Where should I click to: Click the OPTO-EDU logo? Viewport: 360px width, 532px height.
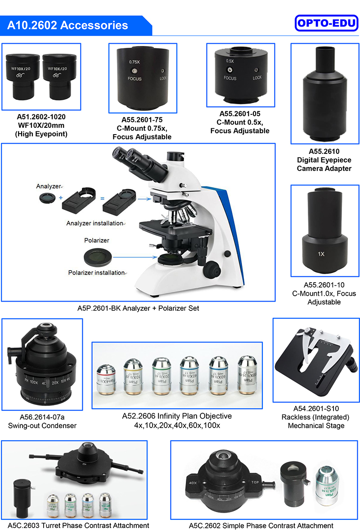pyautogui.click(x=326, y=23)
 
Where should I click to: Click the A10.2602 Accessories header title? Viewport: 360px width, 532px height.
pyautogui.click(x=67, y=25)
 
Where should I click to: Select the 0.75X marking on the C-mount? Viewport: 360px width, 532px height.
pyautogui.click(x=134, y=62)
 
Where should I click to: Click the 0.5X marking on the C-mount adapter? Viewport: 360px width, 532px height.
pyautogui.click(x=230, y=61)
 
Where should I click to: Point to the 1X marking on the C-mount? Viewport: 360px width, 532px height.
pyautogui.click(x=321, y=254)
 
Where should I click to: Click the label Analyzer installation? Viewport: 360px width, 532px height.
pyautogui.click(x=95, y=223)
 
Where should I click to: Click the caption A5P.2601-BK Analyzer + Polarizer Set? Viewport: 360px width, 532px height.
pyautogui.click(x=138, y=308)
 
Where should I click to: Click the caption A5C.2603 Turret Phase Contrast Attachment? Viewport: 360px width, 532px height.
pyautogui.click(x=75, y=525)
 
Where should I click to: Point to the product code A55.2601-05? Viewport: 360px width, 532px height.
pyautogui.click(x=240, y=114)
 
